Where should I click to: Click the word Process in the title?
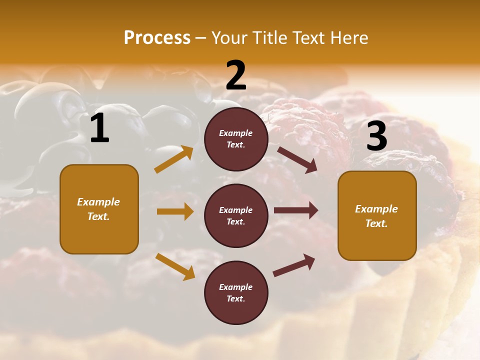tap(157, 38)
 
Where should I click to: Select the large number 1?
tap(99, 128)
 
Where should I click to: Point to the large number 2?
tap(236, 75)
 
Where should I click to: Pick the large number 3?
tap(376, 136)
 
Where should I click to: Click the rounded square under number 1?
tap(99, 209)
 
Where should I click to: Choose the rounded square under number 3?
tap(377, 215)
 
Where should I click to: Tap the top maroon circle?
tap(236, 139)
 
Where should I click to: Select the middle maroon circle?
tap(236, 215)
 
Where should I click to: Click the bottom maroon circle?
tap(236, 292)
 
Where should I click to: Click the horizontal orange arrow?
tap(175, 211)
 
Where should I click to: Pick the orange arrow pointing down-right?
tap(175, 266)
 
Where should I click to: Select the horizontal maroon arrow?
tap(295, 210)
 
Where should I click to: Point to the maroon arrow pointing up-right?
tap(294, 265)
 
